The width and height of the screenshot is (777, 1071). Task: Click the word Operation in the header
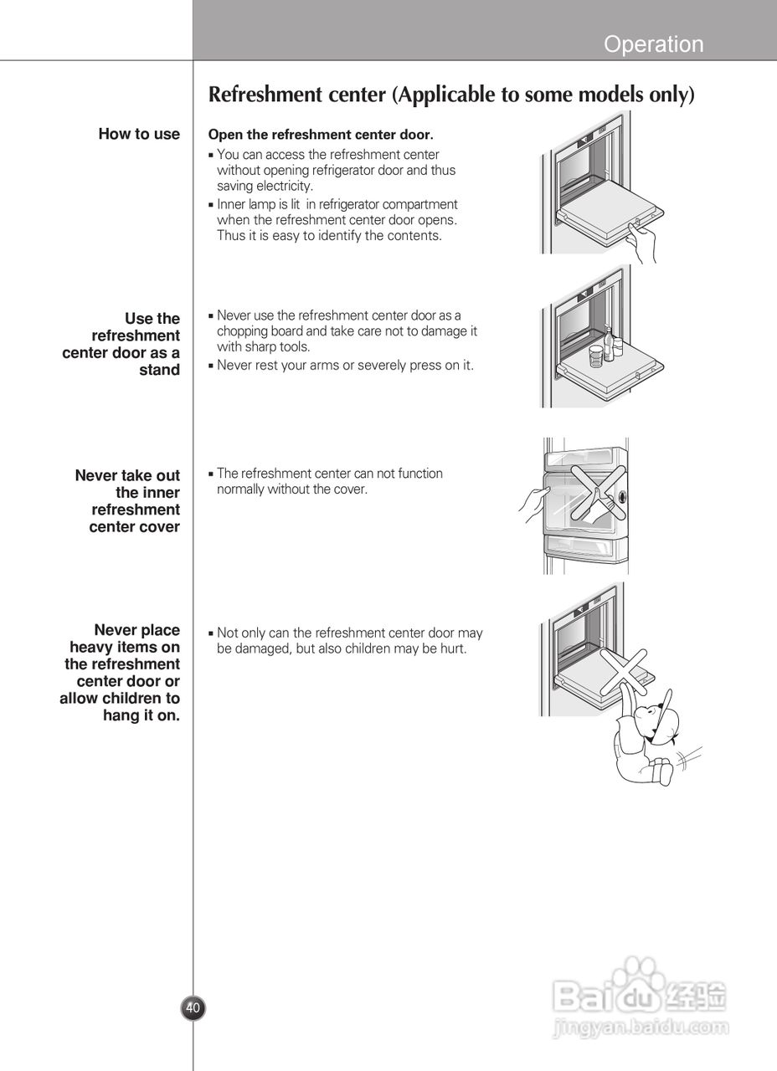[653, 44]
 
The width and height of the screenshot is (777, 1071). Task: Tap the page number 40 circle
[193, 1008]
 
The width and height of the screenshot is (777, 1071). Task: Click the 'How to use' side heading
[139, 134]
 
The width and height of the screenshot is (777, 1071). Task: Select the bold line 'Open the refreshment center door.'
[320, 135]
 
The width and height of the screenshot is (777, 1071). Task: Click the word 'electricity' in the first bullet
[284, 187]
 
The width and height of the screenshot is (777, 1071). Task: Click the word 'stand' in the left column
[159, 371]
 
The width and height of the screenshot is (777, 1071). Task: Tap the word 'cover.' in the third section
[351, 489]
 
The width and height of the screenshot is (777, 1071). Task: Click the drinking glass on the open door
[595, 356]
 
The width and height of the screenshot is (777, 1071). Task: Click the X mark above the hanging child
[630, 669]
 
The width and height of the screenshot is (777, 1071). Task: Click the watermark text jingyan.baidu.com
[641, 1027]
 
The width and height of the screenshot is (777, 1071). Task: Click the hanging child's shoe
[661, 770]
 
